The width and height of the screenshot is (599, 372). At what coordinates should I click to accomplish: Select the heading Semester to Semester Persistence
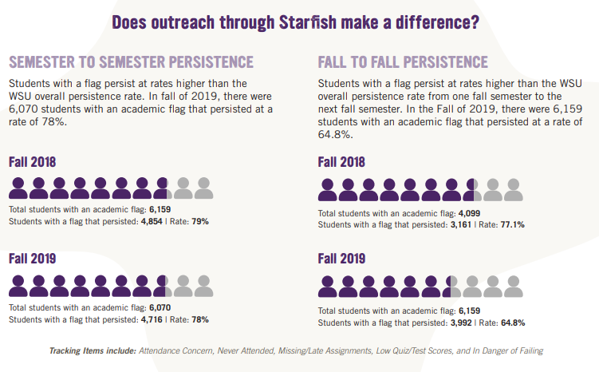131,61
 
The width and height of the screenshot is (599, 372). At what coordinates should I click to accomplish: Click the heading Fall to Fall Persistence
403,61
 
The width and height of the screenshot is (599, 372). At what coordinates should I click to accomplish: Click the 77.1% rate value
511,225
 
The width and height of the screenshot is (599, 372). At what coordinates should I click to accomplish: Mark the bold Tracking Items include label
93,350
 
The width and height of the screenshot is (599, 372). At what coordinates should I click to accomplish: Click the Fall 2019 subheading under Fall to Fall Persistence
341,259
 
